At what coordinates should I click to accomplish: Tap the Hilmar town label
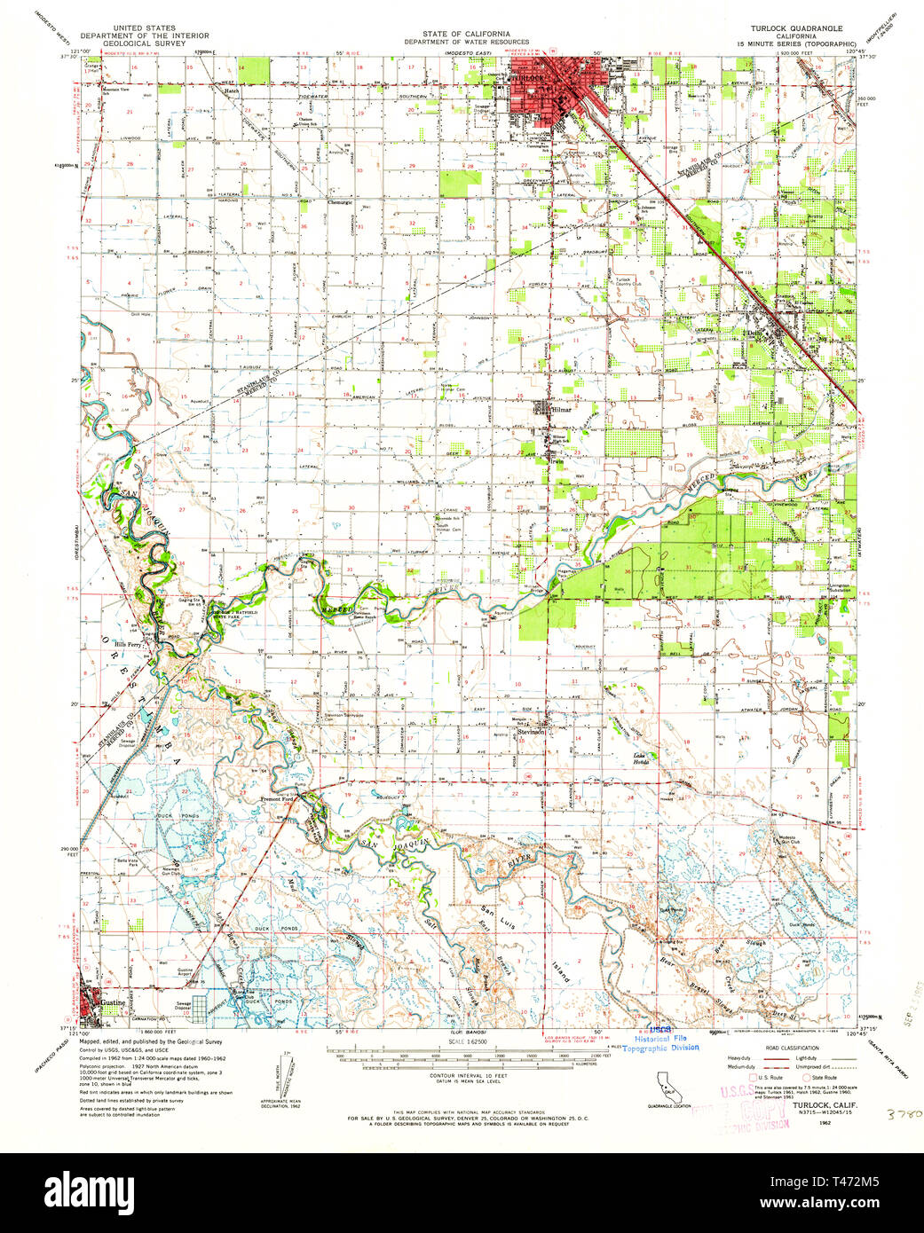pos(562,411)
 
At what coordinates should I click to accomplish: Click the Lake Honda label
pos(641,758)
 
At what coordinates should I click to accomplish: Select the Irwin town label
pos(557,461)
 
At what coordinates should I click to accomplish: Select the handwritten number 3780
pos(903,1112)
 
